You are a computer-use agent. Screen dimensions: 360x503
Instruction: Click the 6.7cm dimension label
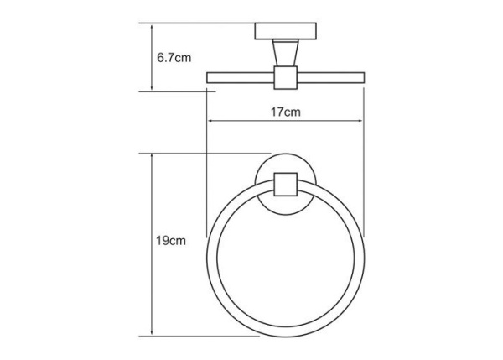point(174,58)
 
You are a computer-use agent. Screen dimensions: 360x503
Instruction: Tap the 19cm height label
point(170,243)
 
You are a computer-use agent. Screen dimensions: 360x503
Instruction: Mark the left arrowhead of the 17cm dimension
point(210,123)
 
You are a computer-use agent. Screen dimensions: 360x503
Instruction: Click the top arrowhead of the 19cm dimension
point(152,157)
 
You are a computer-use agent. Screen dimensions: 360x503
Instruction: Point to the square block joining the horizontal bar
point(285,79)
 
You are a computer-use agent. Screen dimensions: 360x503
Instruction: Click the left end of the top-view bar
point(210,79)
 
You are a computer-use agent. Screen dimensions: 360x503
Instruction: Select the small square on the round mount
point(285,184)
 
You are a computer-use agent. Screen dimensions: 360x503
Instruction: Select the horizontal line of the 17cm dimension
point(251,123)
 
